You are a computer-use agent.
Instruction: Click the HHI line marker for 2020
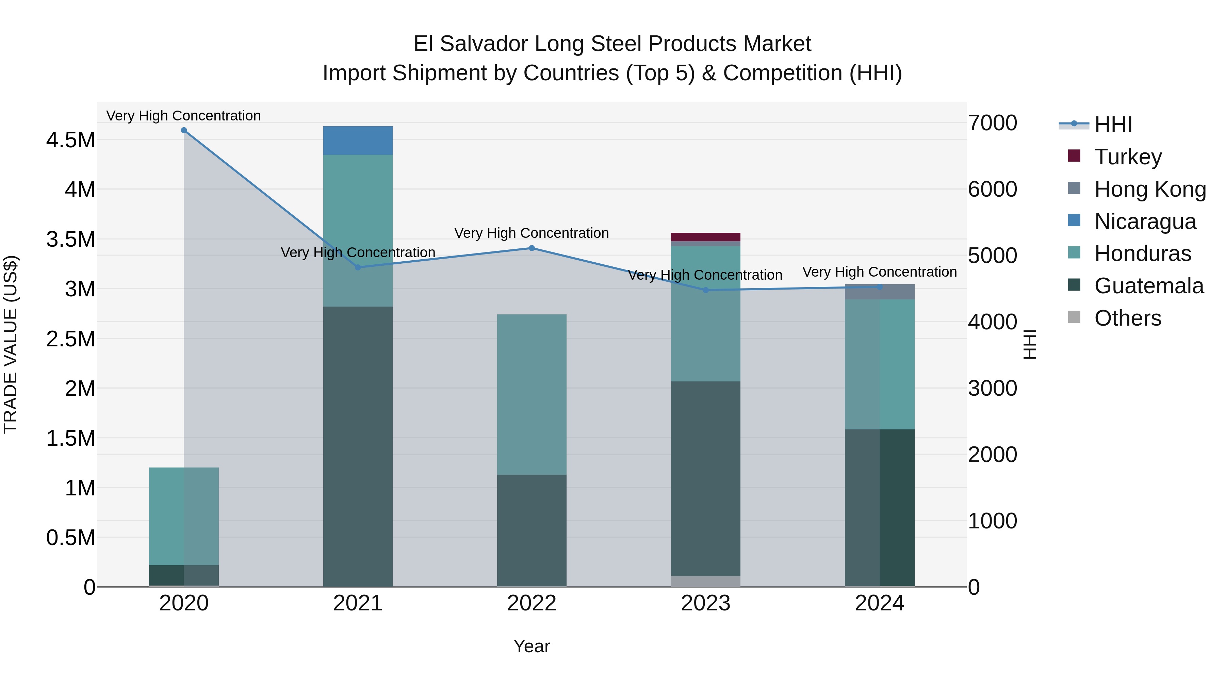[x=184, y=130]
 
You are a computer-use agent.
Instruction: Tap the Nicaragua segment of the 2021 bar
[x=358, y=141]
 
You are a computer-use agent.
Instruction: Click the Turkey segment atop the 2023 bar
[x=705, y=237]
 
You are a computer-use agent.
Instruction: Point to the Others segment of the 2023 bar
[x=705, y=581]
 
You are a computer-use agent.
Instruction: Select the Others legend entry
[x=1127, y=318]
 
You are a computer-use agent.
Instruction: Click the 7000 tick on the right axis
[x=993, y=123]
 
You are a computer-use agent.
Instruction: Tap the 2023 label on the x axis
[x=705, y=603]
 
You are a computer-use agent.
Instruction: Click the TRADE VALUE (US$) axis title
[x=11, y=344]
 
